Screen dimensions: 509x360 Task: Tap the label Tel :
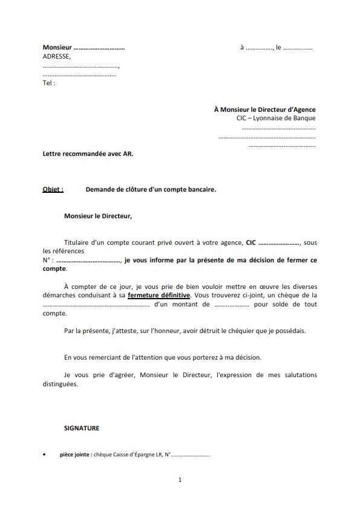click(49, 83)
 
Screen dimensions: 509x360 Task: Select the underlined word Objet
click(53, 189)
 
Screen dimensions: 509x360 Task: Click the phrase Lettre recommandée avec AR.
click(88, 154)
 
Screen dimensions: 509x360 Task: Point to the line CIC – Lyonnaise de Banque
click(276, 118)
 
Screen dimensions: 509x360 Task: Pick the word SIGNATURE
click(82, 428)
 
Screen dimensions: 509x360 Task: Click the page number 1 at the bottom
click(180, 480)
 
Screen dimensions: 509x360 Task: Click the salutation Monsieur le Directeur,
click(97, 215)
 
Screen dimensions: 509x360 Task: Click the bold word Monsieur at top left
click(57, 47)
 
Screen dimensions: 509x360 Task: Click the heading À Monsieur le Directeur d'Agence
click(265, 109)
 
